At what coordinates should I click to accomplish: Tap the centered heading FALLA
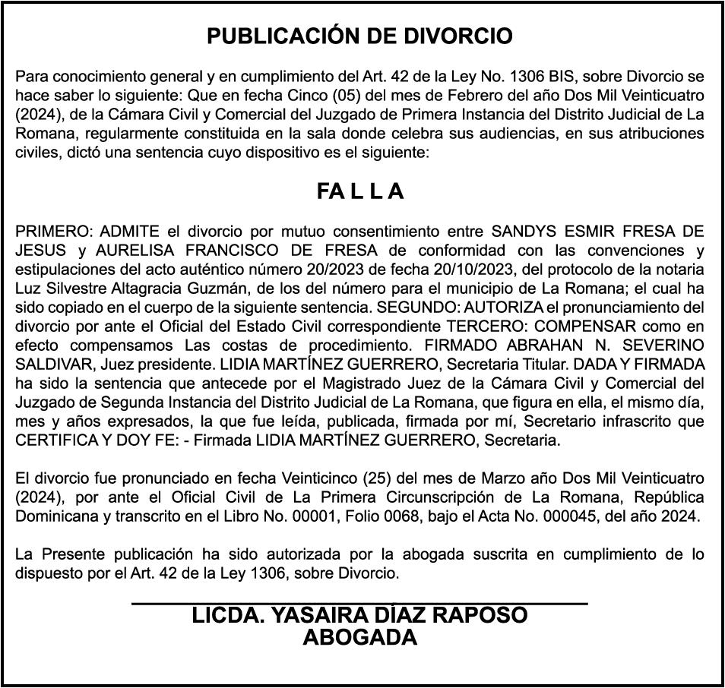(x=360, y=192)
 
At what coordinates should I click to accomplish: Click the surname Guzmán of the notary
(x=205, y=289)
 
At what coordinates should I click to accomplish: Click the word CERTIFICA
(x=54, y=440)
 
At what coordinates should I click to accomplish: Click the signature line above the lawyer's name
(x=360, y=603)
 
